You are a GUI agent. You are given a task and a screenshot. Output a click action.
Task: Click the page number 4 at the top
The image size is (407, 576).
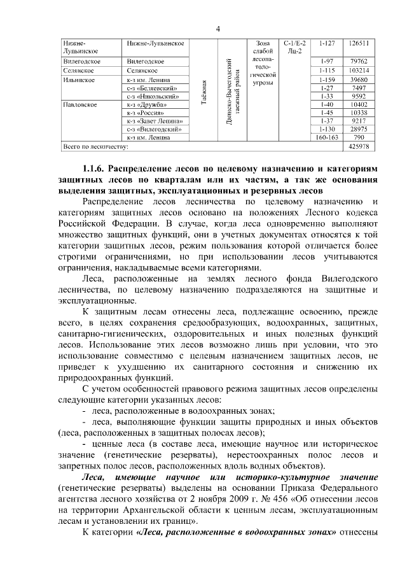point(217,29)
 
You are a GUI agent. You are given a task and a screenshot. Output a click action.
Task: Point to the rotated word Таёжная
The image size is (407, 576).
point(204,94)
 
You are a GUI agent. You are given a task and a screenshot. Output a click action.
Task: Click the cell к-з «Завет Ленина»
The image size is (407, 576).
point(155,120)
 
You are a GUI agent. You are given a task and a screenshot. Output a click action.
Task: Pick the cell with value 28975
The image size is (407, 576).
point(359,129)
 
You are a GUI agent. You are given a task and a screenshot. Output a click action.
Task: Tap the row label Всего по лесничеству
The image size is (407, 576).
point(96,146)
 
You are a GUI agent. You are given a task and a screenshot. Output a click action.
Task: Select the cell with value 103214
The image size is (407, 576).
point(359,70)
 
